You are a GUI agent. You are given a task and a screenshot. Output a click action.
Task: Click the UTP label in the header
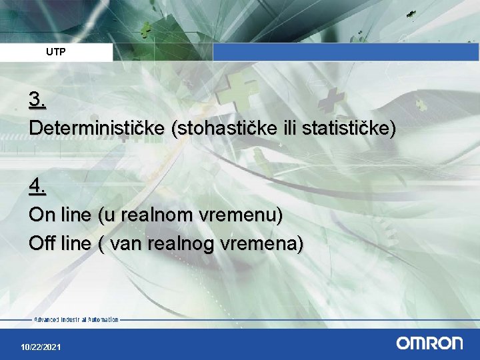(56, 51)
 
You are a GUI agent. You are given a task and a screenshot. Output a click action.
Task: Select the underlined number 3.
(37, 100)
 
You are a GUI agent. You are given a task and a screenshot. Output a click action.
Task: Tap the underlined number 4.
(37, 188)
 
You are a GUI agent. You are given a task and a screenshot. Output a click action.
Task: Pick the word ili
(285, 128)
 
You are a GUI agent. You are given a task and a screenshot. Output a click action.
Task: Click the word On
(39, 216)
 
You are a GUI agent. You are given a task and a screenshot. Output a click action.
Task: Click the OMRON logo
(429, 343)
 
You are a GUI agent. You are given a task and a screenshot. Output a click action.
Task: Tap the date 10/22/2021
(41, 348)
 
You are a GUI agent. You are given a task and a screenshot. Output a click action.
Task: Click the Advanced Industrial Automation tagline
(76, 320)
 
